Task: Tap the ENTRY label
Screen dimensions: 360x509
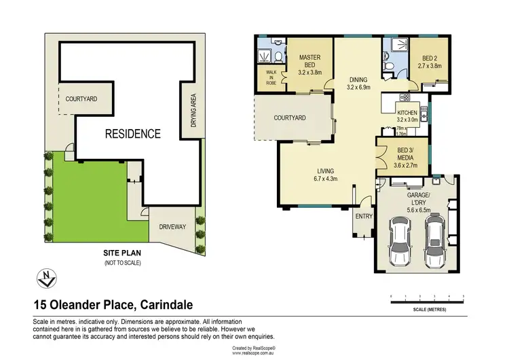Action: coord(364,217)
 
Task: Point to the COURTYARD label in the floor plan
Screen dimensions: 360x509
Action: coord(290,118)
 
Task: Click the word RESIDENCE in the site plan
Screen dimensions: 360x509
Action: coord(132,134)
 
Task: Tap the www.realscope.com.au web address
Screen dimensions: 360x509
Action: coord(254,353)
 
